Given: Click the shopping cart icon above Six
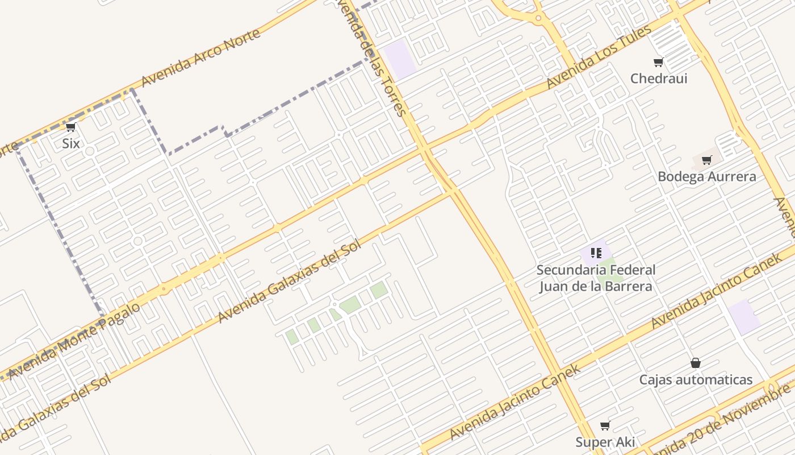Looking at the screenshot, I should coord(71,127).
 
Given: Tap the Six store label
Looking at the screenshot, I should coord(71,143).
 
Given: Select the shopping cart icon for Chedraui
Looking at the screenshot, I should coord(658,63).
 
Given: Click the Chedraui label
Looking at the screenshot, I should coord(659,78).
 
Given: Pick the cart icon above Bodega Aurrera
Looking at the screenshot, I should coord(706,160).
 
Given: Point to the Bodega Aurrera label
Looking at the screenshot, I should coord(706,177).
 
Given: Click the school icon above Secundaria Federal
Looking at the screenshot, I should coord(596,253).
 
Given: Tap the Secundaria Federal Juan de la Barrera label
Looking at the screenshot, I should coord(596,278).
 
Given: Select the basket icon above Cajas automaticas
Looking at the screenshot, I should coord(695,363).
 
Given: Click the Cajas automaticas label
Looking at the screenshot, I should coord(696,379).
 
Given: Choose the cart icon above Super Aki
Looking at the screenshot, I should coord(605,425).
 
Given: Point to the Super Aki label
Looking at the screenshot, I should coord(605,442).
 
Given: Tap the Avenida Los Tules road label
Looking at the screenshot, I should coord(599,57).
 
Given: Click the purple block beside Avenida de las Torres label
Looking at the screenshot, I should coord(400,59).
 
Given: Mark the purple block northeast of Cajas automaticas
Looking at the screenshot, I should coord(744,317).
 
